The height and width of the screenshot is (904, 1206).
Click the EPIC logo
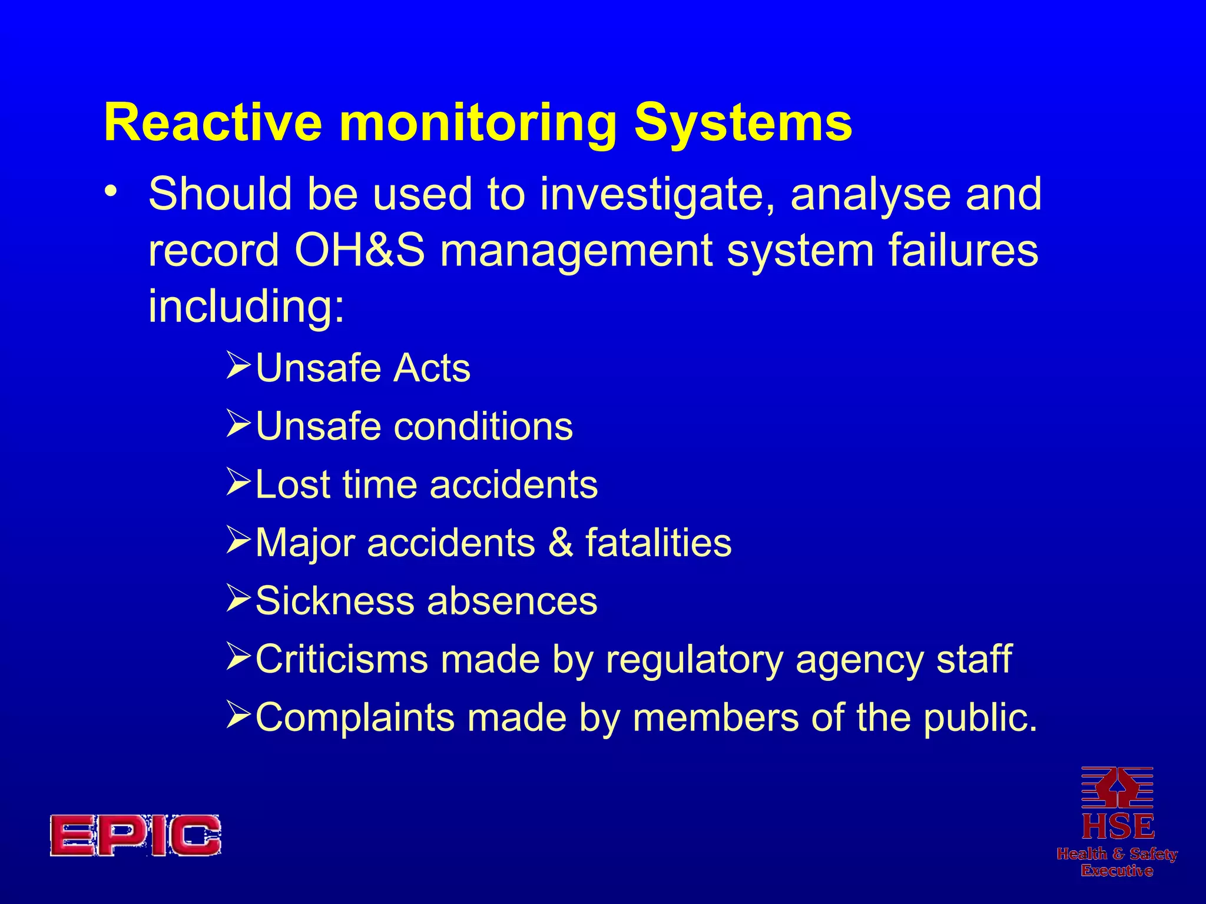click(135, 835)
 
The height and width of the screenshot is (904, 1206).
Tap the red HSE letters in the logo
click(1118, 827)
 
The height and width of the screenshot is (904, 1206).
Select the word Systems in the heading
click(743, 123)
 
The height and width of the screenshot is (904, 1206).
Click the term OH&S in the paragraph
click(359, 250)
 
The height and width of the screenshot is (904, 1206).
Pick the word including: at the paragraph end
click(246, 307)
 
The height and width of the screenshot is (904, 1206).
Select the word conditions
click(483, 426)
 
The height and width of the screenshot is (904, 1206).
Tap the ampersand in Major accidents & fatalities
click(560, 543)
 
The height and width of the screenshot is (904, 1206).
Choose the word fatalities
click(658, 543)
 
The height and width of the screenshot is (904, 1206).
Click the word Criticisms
click(342, 659)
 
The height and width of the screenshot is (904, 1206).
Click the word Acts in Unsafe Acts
click(432, 368)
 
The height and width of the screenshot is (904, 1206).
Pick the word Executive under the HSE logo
click(1117, 870)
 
